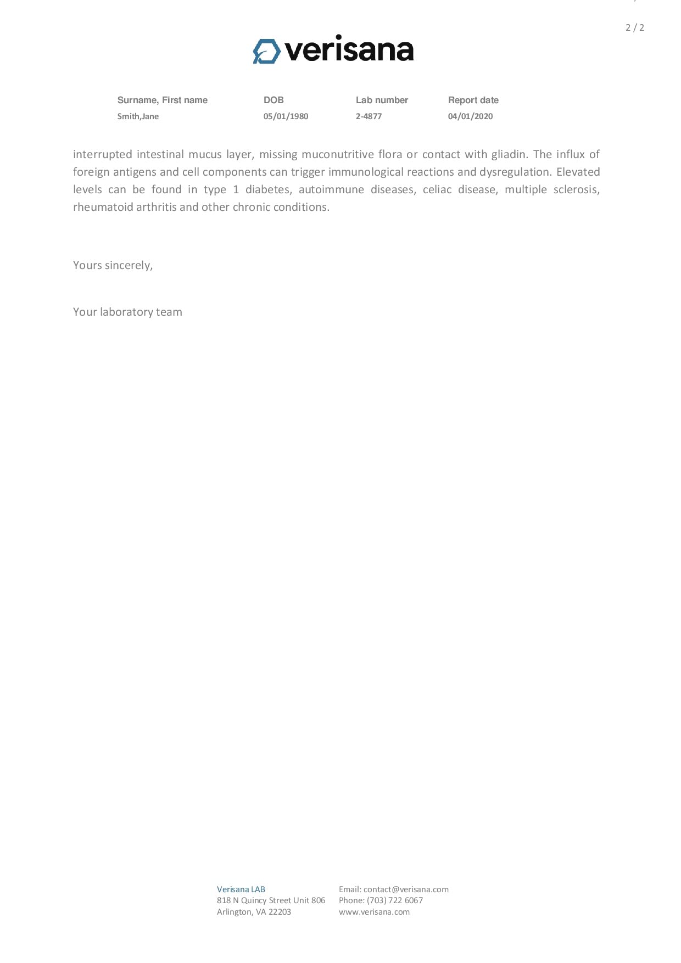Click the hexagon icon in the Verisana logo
pos(266,51)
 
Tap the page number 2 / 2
pos(634,27)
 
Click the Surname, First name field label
pos(162,100)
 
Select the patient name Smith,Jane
pos(138,116)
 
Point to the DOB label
pos(273,100)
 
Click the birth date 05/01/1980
pos(286,116)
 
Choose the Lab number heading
pos(382,100)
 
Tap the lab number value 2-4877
pos(369,116)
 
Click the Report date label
pos(473,100)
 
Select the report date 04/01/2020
pos(470,116)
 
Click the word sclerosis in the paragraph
pos(576,189)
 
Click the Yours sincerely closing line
pos(113,265)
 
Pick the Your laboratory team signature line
pos(127,312)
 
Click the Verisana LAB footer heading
pos(241,889)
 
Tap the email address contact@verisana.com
pos(406,889)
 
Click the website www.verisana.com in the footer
pos(374,912)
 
